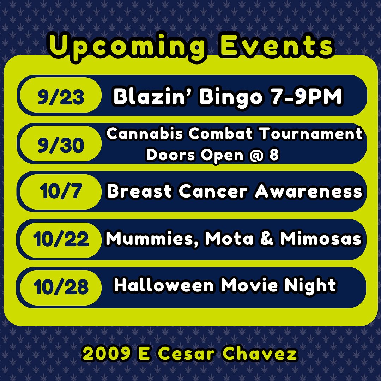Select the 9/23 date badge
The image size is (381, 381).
(x=61, y=95)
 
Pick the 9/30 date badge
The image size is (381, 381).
(x=61, y=144)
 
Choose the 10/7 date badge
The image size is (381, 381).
(x=61, y=192)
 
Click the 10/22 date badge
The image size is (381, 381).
(x=61, y=240)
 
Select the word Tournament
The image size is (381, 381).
(x=311, y=133)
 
